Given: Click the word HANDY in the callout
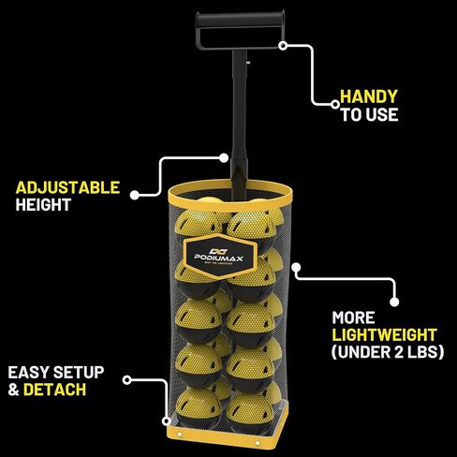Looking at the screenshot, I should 369,96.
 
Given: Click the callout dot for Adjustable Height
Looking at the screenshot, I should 135,195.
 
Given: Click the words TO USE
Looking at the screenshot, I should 369,114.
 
